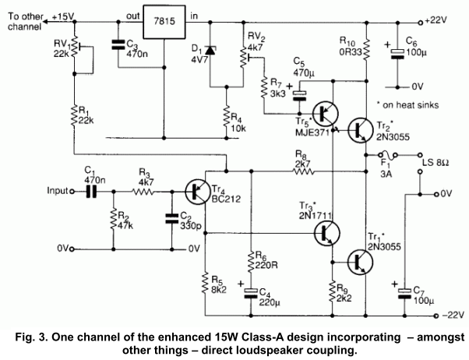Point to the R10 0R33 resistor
tap(367, 45)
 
